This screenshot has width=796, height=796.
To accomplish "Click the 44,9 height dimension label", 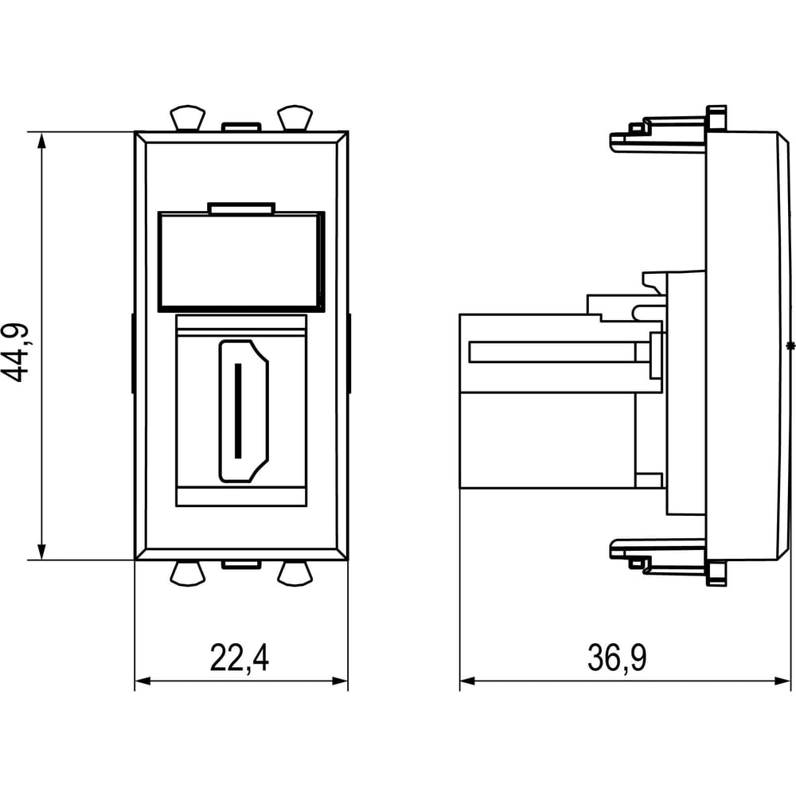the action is coord(15,353).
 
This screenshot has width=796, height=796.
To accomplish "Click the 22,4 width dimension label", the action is coord(239,658).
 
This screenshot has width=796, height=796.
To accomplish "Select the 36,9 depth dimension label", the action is coord(617,658).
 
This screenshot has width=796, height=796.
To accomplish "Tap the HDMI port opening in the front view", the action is coord(244,411).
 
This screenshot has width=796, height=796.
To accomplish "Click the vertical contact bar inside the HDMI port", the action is coord(238,411).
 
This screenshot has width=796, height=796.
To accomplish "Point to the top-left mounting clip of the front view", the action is coord(188,118).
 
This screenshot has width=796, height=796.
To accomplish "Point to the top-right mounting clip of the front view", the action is coord(295,118).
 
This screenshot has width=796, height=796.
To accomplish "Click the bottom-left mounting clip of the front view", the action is coord(188,573).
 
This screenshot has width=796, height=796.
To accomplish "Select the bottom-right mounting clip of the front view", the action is coord(295,573).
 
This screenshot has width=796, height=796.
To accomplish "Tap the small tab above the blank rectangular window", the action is coord(241,208).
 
